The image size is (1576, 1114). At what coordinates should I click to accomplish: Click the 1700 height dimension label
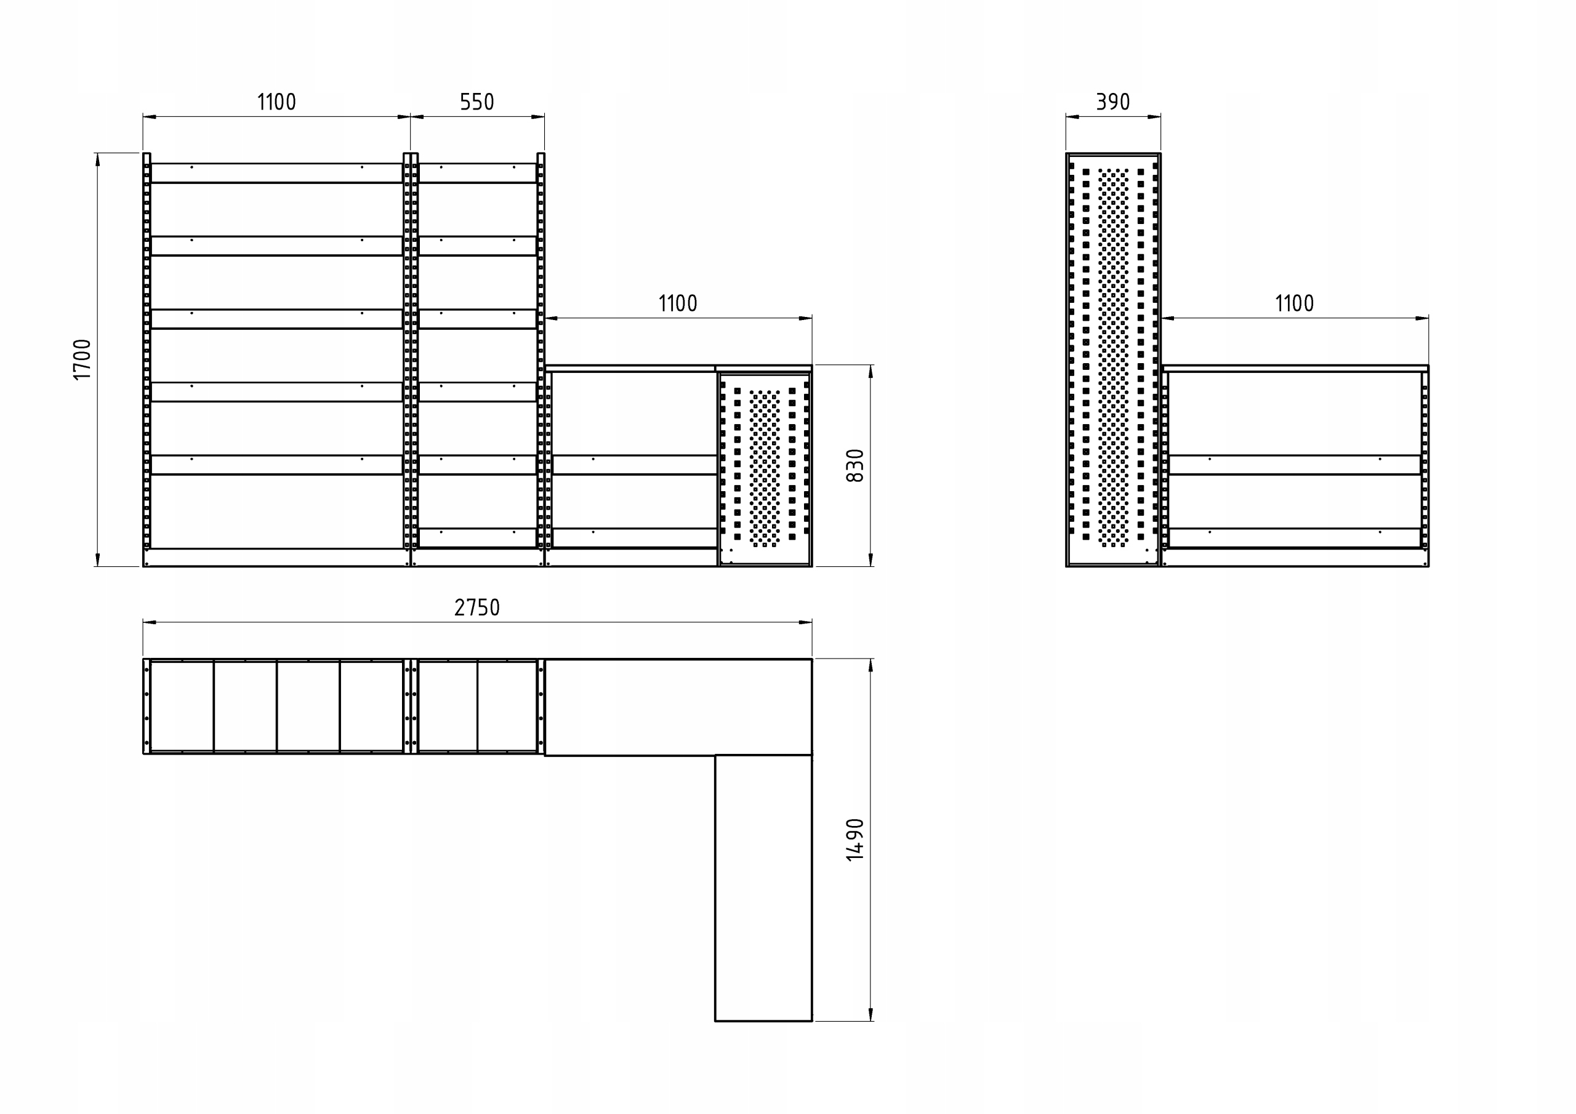pyautogui.click(x=82, y=359)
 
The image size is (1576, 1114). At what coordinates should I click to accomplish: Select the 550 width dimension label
pyautogui.click(x=476, y=102)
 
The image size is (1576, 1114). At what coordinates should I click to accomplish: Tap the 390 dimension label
pyautogui.click(x=1112, y=102)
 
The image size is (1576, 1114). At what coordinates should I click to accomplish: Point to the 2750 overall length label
pyautogui.click(x=477, y=607)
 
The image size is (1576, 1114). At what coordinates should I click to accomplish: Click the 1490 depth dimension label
pyautogui.click(x=854, y=840)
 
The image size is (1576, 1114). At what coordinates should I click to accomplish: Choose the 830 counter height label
pyautogui.click(x=854, y=465)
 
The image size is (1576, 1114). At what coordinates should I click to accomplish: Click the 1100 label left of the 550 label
pyautogui.click(x=276, y=102)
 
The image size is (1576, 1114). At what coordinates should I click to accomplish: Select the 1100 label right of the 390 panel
pyautogui.click(x=1294, y=303)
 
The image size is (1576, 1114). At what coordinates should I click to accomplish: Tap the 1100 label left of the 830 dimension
pyautogui.click(x=677, y=303)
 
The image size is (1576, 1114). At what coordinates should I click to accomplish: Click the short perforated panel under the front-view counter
pyautogui.click(x=765, y=470)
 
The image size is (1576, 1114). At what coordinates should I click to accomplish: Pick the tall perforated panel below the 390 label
pyautogui.click(x=1112, y=359)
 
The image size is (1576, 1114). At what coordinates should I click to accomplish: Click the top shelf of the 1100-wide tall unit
pyautogui.click(x=276, y=173)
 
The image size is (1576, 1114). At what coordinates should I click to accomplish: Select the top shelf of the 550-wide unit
pyautogui.click(x=477, y=173)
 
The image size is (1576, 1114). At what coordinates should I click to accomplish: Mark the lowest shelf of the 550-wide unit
pyautogui.click(x=477, y=537)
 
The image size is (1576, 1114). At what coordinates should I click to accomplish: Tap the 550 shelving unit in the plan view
pyautogui.click(x=477, y=707)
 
